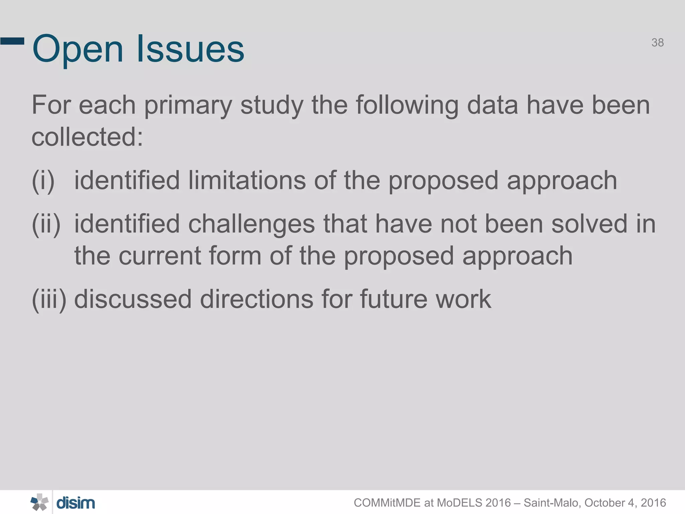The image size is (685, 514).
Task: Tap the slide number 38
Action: [x=657, y=43]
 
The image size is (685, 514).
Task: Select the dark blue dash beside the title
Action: [x=12, y=41]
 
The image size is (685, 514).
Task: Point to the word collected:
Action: [x=87, y=137]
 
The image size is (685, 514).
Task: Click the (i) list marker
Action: [x=43, y=181]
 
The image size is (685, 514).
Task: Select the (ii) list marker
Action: [x=46, y=224]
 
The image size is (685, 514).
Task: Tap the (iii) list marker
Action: [x=49, y=299]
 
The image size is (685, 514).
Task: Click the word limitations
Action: [x=247, y=180]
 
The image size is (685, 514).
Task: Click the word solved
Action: [x=589, y=224]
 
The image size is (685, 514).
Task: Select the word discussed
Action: [x=133, y=299]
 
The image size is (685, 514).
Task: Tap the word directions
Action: [x=257, y=299]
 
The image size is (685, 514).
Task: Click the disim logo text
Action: [x=76, y=503]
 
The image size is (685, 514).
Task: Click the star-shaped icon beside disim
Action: [x=39, y=502]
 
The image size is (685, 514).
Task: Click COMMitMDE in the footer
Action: [x=387, y=503]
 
